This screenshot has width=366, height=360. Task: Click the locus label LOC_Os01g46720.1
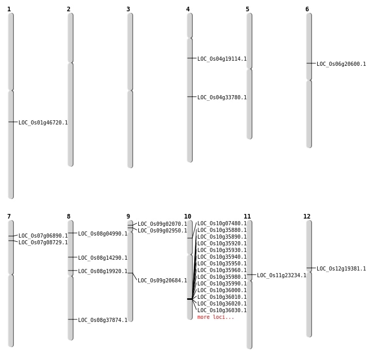coord(43,123)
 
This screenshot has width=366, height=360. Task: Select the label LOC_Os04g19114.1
coord(222,59)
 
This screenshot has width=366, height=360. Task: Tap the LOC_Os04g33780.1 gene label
coord(222,98)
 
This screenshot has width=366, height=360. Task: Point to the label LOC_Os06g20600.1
coord(341,64)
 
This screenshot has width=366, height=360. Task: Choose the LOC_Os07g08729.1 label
coord(43,243)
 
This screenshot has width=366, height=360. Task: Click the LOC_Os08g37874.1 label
coord(103,320)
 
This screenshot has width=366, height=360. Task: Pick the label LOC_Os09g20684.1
coord(162,281)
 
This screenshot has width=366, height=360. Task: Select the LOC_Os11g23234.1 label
coord(282,276)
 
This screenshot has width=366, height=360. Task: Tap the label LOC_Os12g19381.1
coord(341,269)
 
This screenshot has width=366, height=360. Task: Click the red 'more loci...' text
coord(216,317)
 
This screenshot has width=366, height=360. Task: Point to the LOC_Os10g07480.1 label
coord(222,224)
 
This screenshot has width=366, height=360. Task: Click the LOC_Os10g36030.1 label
coord(222,311)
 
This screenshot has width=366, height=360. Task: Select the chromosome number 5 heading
coord(247,9)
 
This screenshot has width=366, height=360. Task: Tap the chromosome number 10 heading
coord(188,217)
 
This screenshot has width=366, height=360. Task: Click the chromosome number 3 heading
coord(128,9)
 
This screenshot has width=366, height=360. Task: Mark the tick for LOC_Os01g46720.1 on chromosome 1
coord(11,122)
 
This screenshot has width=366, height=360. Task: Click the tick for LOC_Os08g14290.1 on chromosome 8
coord(70,257)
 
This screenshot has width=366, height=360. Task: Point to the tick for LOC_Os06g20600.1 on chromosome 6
coord(309,63)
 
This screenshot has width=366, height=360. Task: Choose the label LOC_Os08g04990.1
coord(103,234)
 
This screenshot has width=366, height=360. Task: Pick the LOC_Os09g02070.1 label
coord(162,224)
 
